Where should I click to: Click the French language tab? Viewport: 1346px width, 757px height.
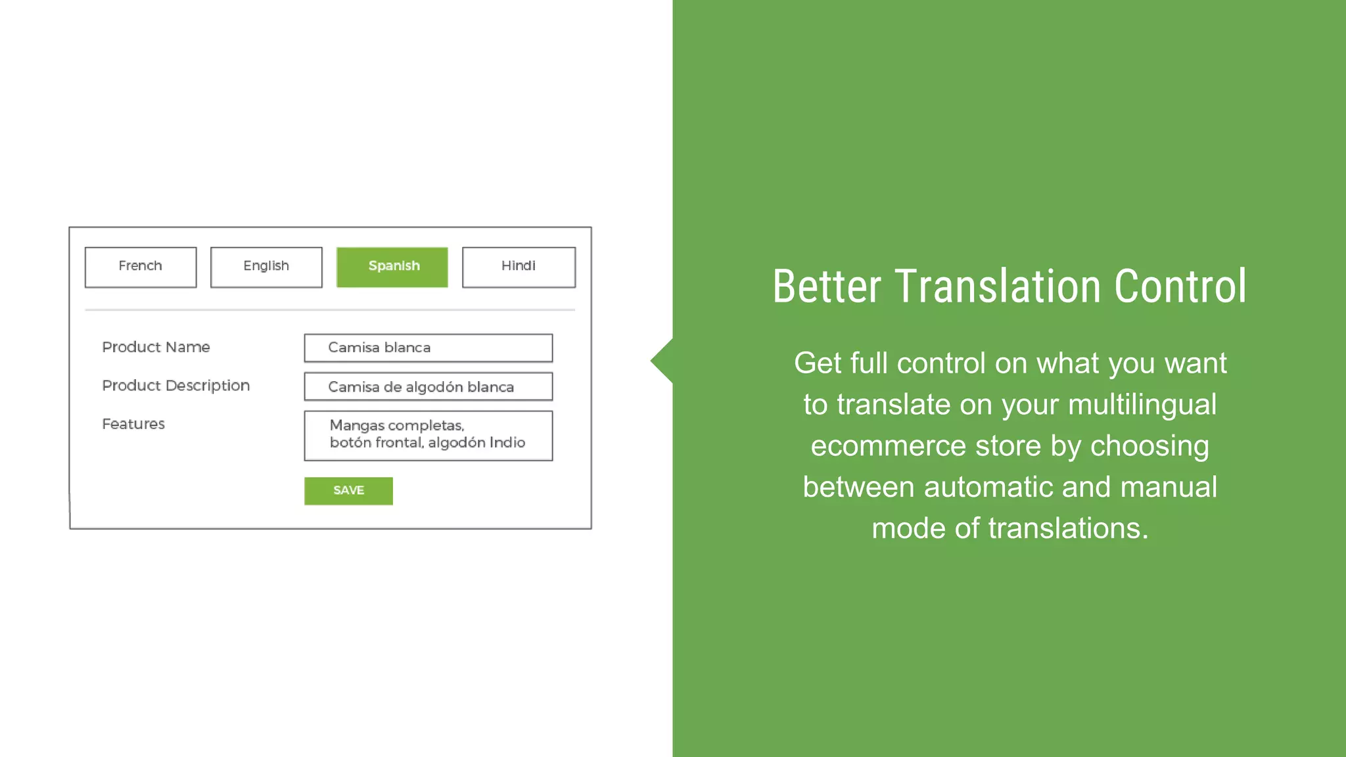(x=141, y=267)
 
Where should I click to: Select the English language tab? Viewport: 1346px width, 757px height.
(x=266, y=267)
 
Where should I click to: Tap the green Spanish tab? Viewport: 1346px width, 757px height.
(x=392, y=267)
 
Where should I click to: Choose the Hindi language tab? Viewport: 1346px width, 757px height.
(x=519, y=267)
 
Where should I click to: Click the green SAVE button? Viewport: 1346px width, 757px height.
(x=348, y=491)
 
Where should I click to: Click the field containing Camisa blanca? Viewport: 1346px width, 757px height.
(x=428, y=348)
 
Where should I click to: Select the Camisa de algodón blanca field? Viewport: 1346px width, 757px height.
(x=428, y=386)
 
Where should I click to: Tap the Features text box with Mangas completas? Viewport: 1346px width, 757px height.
(x=428, y=435)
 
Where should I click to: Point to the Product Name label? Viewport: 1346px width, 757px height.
(x=156, y=347)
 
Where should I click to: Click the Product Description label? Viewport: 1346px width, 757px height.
(x=175, y=386)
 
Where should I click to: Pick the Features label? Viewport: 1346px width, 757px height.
(x=133, y=424)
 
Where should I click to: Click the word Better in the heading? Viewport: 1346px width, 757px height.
(x=827, y=287)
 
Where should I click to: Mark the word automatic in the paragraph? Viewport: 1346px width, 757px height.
(x=988, y=488)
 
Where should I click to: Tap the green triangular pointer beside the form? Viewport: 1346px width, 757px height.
(x=662, y=361)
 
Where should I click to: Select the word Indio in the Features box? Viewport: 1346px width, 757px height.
(x=507, y=443)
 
